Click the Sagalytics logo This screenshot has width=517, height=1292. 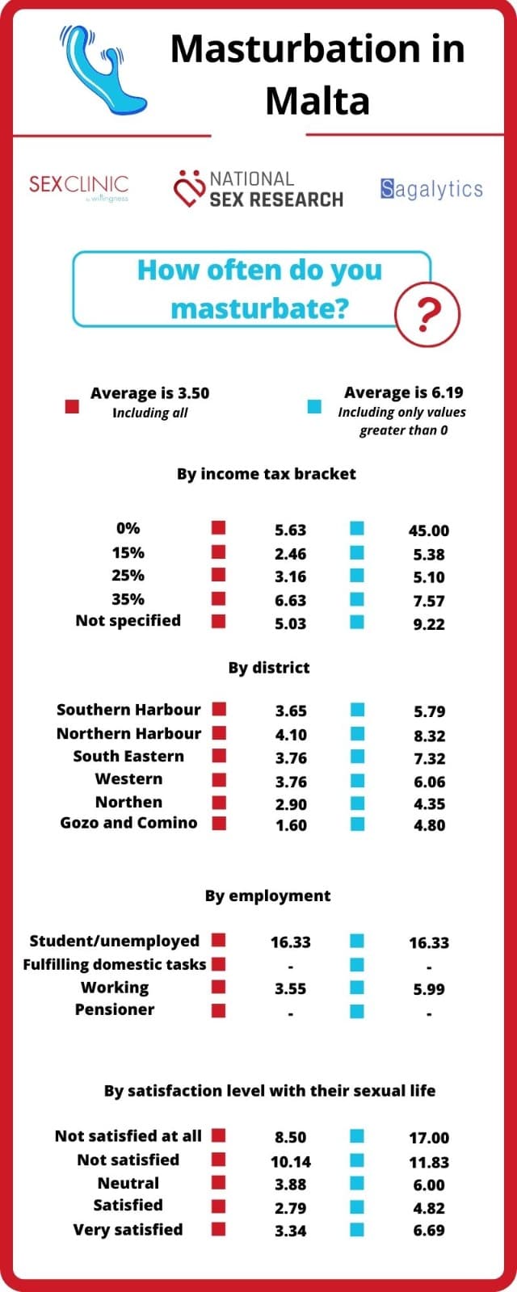(x=431, y=189)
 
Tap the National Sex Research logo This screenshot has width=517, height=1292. (x=258, y=189)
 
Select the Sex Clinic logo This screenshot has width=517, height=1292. (x=79, y=187)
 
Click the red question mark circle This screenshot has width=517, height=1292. (x=427, y=314)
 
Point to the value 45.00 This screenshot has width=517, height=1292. (x=429, y=531)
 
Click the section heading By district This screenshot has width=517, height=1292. (x=269, y=668)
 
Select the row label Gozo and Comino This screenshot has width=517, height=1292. (x=128, y=823)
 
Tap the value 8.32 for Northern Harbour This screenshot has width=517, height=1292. (x=429, y=736)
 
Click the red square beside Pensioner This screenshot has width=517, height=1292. (x=218, y=1010)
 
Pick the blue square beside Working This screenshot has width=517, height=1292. (x=357, y=988)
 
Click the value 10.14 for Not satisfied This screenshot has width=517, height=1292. (x=290, y=1161)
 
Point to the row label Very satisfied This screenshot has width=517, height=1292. (x=128, y=1230)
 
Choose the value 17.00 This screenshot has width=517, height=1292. (x=429, y=1138)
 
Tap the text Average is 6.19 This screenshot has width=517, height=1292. (x=404, y=392)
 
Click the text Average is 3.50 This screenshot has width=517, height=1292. (x=150, y=392)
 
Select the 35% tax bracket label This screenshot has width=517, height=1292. (x=128, y=598)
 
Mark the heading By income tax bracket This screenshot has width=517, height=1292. (x=267, y=474)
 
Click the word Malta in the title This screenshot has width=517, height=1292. (x=317, y=100)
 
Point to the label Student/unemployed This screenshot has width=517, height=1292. (x=114, y=942)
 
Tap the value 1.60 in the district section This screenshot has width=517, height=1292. (x=291, y=825)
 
